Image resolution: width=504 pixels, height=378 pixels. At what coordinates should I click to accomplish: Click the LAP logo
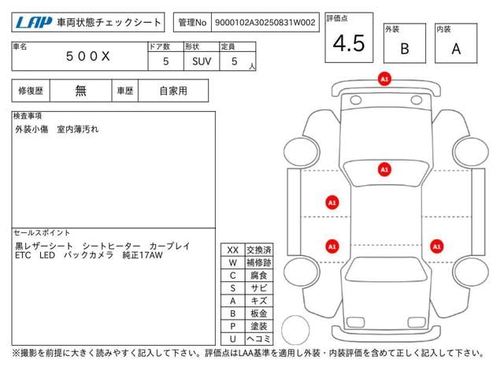[x=33, y=23]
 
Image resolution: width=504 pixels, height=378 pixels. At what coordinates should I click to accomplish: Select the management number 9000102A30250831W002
[x=265, y=23]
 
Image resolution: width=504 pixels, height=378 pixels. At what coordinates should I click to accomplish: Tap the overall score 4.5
[x=349, y=43]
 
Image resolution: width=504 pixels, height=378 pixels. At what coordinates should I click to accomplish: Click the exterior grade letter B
[x=405, y=49]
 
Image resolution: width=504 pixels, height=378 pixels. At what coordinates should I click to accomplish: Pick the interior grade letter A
[x=456, y=49]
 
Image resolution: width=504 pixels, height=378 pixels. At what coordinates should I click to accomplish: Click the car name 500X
[x=87, y=56]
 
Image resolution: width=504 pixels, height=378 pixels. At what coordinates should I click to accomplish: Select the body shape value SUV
[x=202, y=61]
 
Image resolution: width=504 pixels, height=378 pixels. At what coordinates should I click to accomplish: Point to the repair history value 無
[x=80, y=91]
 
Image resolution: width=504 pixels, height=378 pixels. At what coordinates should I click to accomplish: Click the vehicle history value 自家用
[x=173, y=91]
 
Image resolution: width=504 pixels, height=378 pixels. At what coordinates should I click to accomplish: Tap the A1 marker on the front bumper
[x=384, y=79]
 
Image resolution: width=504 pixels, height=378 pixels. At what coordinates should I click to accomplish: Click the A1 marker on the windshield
[x=384, y=169]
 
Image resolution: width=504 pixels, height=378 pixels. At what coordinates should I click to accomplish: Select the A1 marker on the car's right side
[x=436, y=246]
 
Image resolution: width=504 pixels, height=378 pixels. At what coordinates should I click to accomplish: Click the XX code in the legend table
[x=233, y=250]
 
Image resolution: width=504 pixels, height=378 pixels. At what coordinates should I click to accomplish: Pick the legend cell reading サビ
[x=259, y=288]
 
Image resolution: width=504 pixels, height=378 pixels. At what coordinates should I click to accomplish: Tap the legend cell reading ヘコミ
[x=259, y=339]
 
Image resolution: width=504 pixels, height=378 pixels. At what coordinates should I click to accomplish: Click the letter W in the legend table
[x=233, y=262]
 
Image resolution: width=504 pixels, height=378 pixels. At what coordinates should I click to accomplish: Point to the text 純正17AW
[x=143, y=255]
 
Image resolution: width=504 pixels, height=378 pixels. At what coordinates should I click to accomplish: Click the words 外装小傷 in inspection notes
[x=31, y=129]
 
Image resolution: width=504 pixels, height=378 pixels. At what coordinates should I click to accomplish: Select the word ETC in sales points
[x=23, y=255]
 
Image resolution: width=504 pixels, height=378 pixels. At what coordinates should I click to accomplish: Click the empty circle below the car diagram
[x=295, y=330]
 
